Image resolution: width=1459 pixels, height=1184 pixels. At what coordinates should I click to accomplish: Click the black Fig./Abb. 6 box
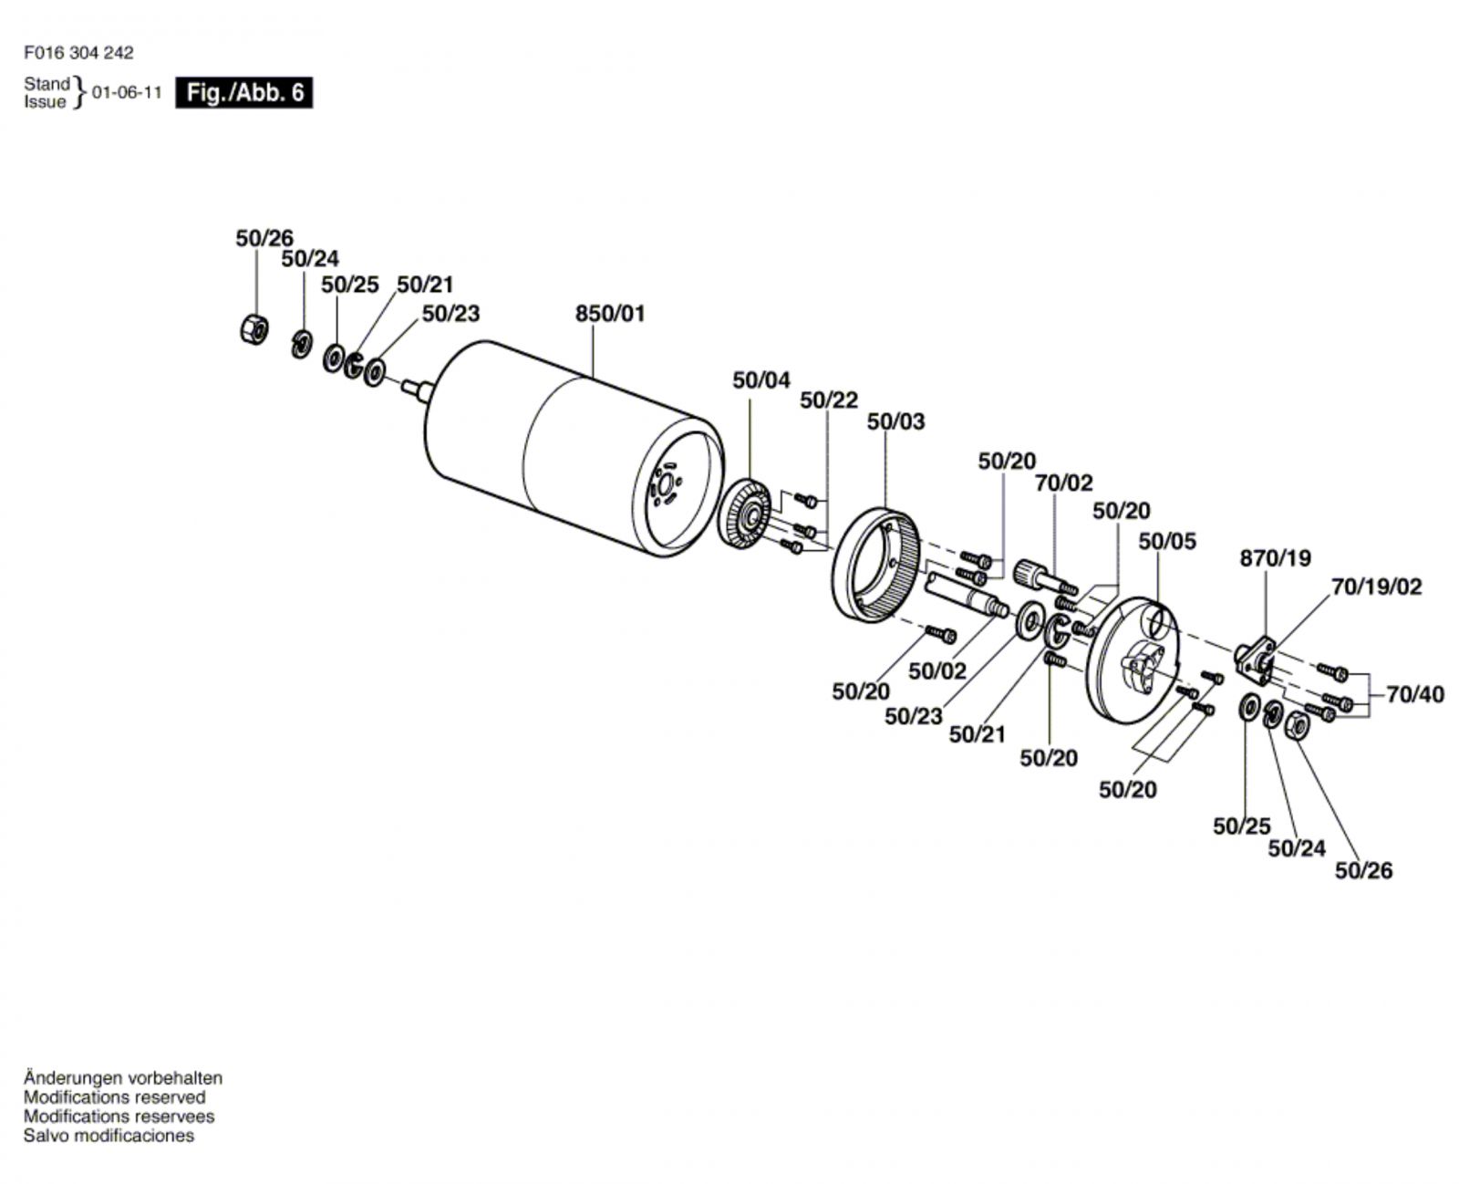243,92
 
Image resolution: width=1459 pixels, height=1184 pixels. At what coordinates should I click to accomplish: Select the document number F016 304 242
78,53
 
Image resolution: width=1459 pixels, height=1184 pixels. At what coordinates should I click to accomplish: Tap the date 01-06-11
127,92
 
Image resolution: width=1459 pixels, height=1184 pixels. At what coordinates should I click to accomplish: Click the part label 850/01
610,314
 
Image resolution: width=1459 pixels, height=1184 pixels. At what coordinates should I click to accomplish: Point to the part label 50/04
761,380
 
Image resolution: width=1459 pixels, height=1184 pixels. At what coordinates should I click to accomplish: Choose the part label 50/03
896,422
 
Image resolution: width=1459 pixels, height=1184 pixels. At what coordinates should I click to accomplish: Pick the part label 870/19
1276,558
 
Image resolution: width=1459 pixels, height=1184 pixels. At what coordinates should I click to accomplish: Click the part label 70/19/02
1377,587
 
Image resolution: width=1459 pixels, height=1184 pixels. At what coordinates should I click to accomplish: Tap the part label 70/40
1415,695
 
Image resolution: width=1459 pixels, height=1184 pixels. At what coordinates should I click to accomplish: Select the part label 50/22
829,400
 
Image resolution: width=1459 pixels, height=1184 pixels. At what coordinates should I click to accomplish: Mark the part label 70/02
1064,483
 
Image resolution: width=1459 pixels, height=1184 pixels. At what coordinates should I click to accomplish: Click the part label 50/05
1167,541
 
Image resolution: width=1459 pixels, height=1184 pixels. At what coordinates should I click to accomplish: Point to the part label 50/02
937,671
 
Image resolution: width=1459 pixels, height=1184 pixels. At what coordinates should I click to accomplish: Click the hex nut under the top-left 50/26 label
254,329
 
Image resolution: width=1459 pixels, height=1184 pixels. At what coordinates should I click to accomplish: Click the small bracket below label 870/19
1255,660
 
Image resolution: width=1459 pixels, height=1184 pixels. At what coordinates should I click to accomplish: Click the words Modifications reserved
114,1097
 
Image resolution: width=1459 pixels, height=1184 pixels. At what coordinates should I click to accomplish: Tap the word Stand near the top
47,84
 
